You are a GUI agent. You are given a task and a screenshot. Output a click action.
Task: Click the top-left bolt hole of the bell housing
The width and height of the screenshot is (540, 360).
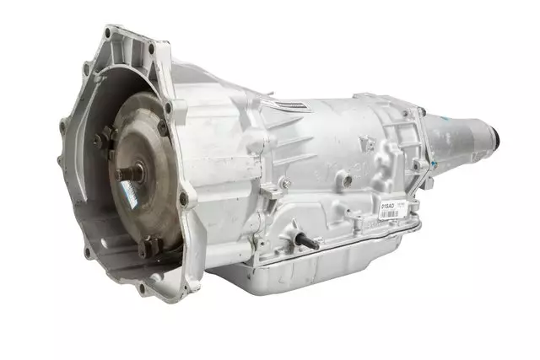107,33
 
